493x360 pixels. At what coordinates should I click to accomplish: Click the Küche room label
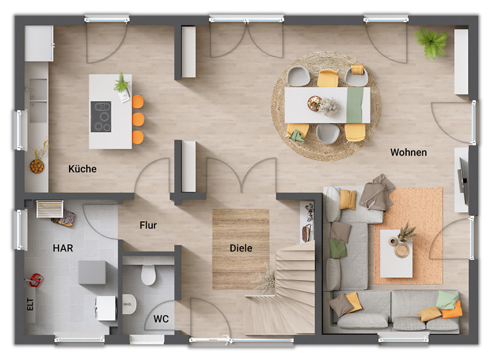point(83,169)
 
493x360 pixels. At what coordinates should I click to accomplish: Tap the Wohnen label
point(408,152)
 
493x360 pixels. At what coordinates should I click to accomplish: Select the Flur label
point(148,226)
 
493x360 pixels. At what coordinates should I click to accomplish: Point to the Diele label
point(241,248)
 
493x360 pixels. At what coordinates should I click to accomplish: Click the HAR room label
point(63,247)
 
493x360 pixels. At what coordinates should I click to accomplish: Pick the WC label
point(161,319)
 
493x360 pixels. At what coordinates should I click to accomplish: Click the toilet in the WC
point(149,273)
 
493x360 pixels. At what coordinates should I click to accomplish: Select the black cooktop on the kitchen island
point(101,117)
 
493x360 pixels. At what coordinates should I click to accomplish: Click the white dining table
point(327,105)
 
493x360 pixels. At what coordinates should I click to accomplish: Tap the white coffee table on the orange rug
point(396,253)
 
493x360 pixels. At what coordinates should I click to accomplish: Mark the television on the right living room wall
point(464,181)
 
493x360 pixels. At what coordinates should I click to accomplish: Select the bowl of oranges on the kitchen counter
point(37,166)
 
